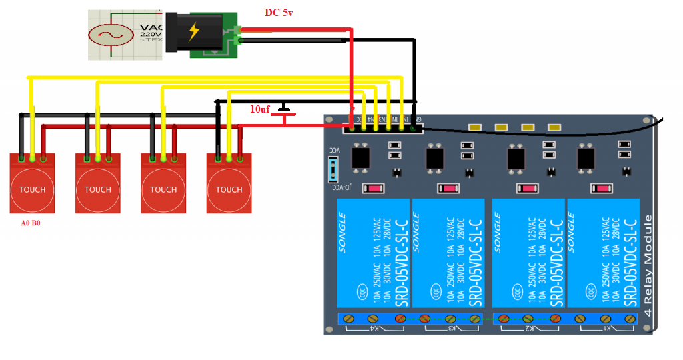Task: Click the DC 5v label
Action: click(x=279, y=13)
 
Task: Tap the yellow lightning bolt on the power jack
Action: click(x=194, y=31)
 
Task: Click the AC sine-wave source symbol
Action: click(x=107, y=34)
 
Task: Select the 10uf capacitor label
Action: click(x=260, y=109)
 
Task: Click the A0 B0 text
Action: click(x=31, y=223)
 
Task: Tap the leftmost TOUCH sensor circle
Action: click(x=32, y=190)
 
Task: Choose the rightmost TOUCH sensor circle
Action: click(x=229, y=190)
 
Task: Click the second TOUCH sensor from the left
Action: click(x=98, y=190)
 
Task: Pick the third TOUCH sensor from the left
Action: click(x=163, y=190)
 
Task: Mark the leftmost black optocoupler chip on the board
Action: click(x=361, y=158)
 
